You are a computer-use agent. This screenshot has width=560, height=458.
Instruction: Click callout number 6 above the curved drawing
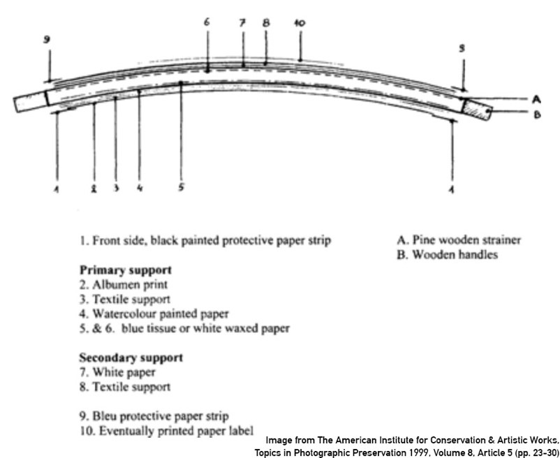tap(207, 22)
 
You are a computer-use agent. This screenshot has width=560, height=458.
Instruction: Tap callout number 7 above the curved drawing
tap(242, 22)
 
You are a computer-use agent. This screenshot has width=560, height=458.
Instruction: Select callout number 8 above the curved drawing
tap(266, 22)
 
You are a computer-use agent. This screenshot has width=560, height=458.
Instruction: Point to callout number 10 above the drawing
tap(300, 23)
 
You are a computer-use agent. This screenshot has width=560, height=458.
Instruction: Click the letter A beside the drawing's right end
tap(536, 99)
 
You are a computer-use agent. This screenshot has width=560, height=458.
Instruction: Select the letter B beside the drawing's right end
tap(536, 114)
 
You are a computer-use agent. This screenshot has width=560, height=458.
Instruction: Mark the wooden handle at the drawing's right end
tap(479, 109)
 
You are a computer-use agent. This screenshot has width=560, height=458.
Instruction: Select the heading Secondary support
tap(131, 357)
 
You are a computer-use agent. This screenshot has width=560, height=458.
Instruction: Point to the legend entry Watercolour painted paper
tap(154, 313)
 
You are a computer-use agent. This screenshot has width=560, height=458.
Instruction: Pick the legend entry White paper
tap(117, 372)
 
